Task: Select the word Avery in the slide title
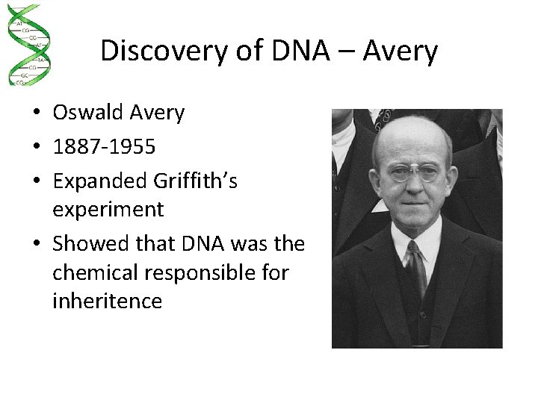401,51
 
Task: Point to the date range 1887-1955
104,147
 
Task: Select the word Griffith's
194,181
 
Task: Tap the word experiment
108,210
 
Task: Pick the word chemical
96,272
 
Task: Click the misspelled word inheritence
107,301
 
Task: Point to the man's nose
415,189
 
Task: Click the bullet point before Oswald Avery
36,114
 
